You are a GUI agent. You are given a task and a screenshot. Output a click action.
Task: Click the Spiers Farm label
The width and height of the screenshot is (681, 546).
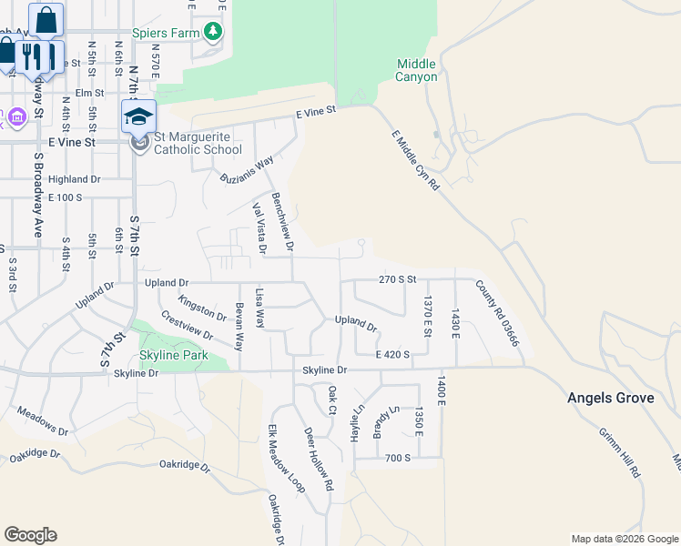click(166, 34)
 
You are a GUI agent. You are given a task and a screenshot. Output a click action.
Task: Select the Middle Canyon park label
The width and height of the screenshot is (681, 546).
click(417, 70)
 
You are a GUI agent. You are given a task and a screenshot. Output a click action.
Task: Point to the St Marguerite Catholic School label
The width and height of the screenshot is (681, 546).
click(198, 143)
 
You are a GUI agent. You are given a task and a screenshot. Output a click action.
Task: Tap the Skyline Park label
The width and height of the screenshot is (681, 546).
click(173, 355)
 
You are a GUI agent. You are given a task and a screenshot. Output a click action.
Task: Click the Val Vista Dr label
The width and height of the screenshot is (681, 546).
click(259, 228)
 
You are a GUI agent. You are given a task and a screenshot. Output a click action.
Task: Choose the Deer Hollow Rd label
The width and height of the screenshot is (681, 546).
click(318, 459)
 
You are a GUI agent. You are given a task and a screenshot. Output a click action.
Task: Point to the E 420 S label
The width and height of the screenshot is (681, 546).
click(393, 355)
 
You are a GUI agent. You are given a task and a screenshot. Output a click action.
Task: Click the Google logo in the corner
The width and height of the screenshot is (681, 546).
click(30, 535)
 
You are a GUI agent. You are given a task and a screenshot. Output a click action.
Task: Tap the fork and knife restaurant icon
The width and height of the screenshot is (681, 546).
click(32, 56)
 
